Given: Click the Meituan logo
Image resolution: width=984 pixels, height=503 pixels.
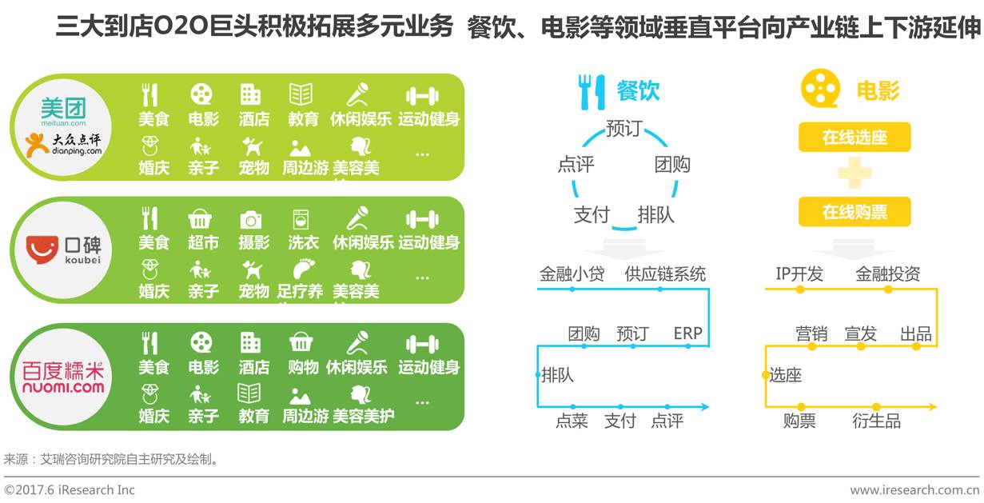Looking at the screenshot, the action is coord(63,111).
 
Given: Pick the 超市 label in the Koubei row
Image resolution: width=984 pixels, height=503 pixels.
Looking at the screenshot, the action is coord(204,242).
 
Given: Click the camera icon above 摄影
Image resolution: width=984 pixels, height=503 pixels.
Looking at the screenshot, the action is coord(251,219).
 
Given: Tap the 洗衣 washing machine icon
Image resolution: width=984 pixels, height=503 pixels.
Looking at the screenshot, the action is coord(302,219).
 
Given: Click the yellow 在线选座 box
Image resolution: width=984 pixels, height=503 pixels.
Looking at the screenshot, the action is coord(855,138).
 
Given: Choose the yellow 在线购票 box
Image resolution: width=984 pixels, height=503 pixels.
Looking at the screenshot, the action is coord(855,213).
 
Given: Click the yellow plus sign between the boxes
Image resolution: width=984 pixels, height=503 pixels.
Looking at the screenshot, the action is coord(855,175).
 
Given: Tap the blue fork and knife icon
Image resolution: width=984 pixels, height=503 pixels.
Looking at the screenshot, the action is coord(592,91).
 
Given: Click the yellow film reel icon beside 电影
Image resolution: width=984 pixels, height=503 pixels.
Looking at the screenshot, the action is coord(821,89).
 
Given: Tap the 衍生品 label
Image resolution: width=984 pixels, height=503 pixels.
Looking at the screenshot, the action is coord(876,421).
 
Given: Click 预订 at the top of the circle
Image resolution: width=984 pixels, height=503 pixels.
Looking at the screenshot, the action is coord(623,129).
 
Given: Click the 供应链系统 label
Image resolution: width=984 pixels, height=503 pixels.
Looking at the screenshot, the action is coord(665,274).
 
